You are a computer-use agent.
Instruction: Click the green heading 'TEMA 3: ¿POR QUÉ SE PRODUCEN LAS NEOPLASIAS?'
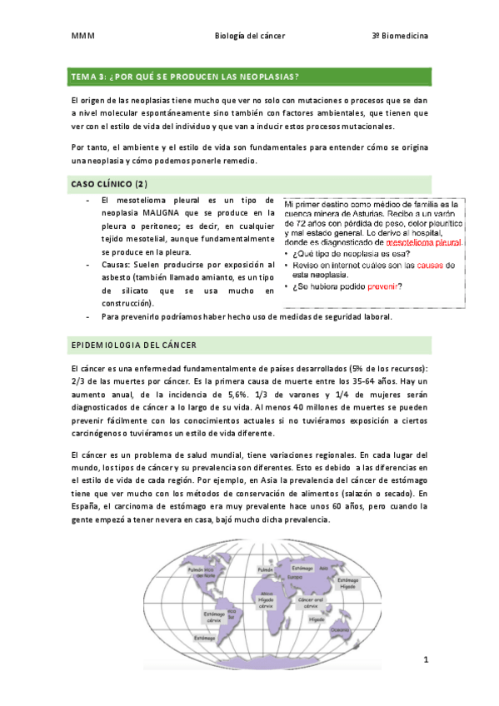tap(186, 77)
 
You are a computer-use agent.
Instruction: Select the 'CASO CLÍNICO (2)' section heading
tap(108, 182)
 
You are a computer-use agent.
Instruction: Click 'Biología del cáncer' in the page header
tap(247, 37)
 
